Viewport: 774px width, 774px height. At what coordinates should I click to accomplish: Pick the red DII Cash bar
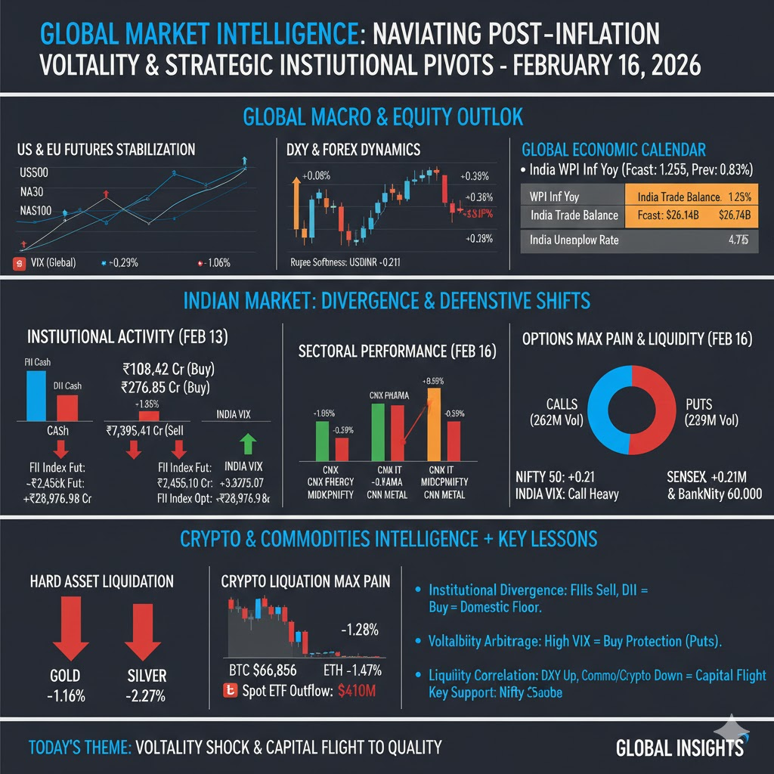coord(67,407)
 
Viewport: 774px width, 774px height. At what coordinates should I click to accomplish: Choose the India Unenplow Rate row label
coord(574,240)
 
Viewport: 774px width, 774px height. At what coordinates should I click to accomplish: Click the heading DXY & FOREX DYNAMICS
coord(354,150)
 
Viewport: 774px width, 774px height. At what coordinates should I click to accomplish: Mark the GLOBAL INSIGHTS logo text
coord(679,748)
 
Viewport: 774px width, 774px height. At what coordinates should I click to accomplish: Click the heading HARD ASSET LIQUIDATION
coord(101,581)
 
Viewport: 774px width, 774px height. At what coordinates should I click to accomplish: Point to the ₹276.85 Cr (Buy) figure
coord(179,389)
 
